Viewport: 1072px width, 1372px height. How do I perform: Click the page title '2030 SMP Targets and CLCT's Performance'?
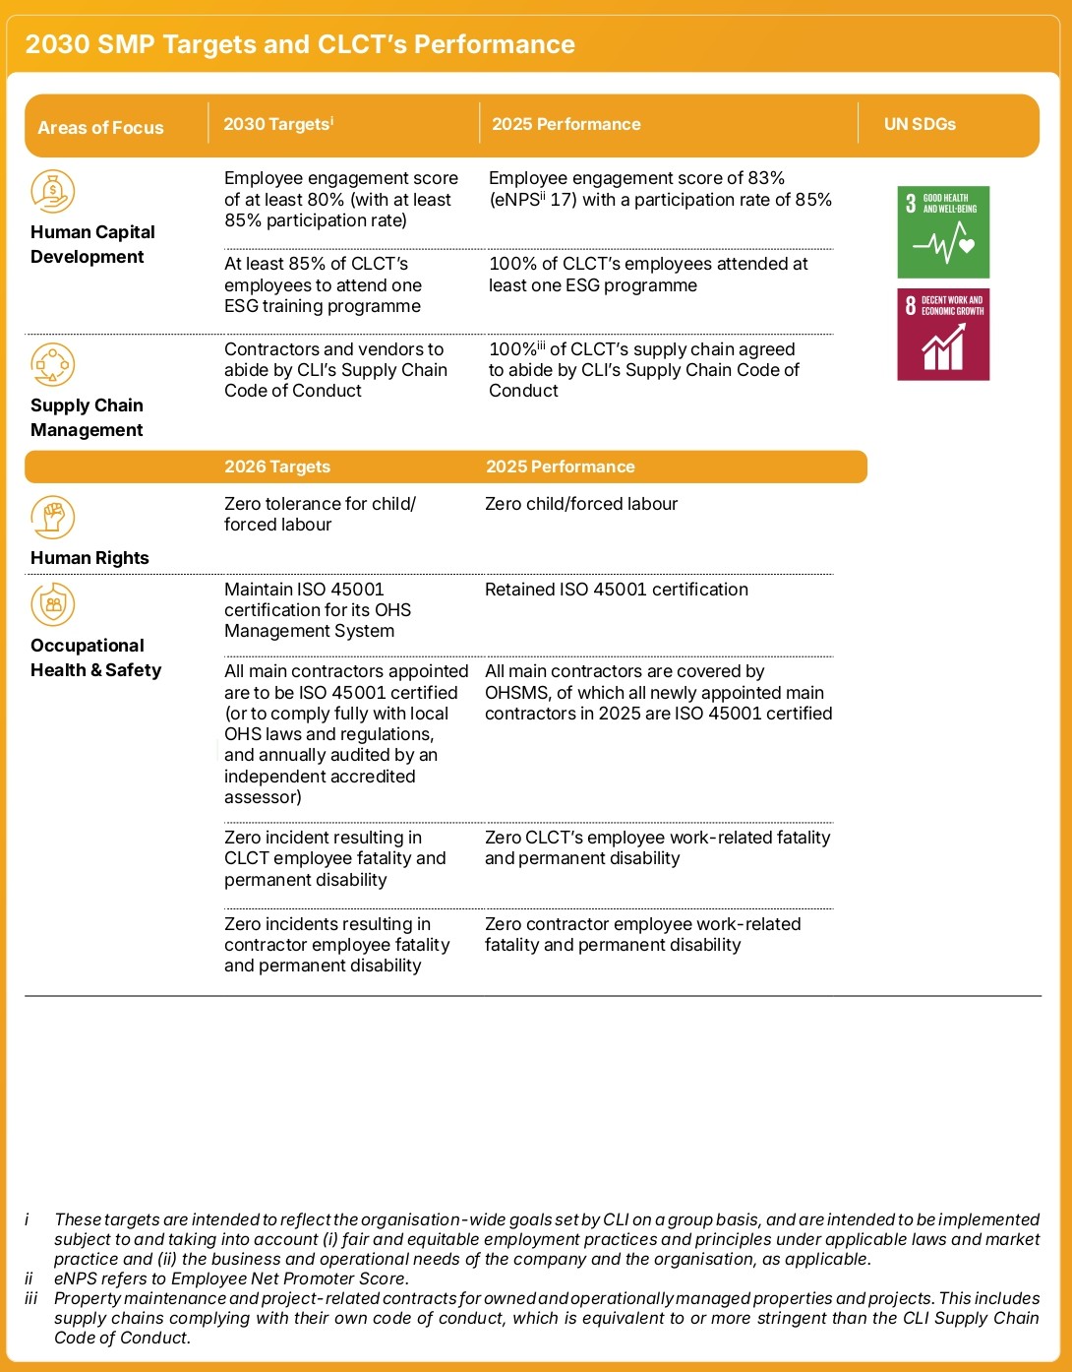[x=300, y=44]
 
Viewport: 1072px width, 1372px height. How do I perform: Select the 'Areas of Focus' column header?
[x=100, y=127]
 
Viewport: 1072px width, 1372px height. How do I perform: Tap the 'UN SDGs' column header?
[x=920, y=124]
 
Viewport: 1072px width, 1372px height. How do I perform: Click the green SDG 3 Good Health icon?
[x=943, y=232]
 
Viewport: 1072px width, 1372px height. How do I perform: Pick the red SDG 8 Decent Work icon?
[x=943, y=335]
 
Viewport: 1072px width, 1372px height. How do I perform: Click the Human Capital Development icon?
[x=52, y=191]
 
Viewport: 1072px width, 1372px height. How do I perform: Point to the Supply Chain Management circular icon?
[x=52, y=364]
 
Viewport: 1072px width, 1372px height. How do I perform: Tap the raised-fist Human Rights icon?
[x=52, y=517]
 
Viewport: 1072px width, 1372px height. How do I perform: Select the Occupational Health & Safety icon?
[x=52, y=604]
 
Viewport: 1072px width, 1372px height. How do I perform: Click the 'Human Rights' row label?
[x=89, y=558]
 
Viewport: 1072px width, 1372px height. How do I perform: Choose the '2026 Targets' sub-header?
[x=277, y=467]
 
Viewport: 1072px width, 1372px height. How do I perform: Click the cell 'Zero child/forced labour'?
[x=581, y=504]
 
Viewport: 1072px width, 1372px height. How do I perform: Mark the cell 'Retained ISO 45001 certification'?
[x=617, y=590]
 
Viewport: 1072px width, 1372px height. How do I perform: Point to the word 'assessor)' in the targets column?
[x=263, y=797]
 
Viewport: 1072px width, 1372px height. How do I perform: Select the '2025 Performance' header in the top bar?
[x=566, y=124]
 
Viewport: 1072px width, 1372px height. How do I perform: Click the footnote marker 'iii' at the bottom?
[x=30, y=1298]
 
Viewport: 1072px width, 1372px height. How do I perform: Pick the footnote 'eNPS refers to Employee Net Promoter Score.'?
[x=231, y=1278]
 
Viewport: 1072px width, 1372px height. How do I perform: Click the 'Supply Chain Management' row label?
[x=87, y=417]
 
